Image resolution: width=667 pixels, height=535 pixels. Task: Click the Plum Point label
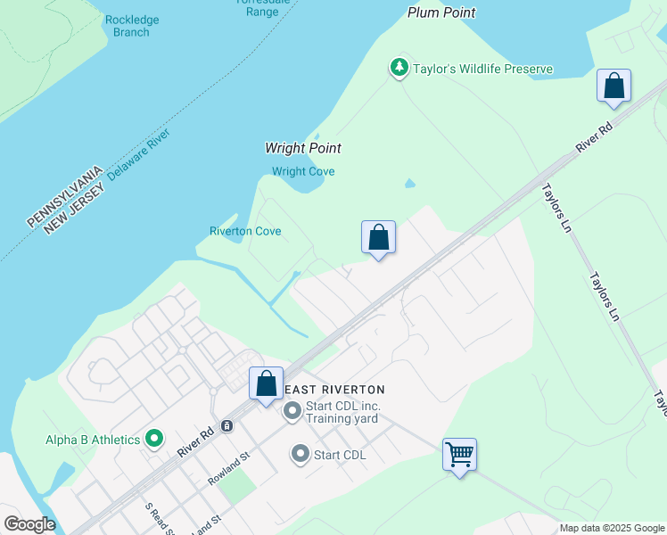(x=441, y=12)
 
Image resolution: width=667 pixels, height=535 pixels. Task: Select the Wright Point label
(x=303, y=148)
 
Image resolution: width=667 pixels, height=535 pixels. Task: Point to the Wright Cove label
(x=303, y=171)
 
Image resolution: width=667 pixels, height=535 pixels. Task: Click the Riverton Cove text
(x=245, y=231)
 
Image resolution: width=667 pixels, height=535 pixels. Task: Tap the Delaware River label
(x=138, y=154)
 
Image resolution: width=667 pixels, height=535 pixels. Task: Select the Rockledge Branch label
(x=131, y=26)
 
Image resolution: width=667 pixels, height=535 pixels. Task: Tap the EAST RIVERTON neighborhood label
(x=334, y=390)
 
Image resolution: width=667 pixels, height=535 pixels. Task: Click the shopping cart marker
(x=459, y=454)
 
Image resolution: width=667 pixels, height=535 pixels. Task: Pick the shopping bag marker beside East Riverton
(x=266, y=383)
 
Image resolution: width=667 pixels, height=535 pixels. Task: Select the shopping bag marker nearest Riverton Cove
(x=378, y=237)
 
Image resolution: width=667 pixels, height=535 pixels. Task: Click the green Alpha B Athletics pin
(x=154, y=439)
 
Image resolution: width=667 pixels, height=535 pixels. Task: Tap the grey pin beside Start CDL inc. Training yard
(x=292, y=412)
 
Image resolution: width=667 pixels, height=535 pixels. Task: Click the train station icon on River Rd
(x=227, y=425)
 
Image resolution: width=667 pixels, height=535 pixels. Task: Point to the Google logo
(x=29, y=524)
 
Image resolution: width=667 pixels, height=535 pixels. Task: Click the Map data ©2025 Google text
(x=612, y=528)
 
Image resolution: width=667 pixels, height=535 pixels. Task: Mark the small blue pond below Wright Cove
(x=409, y=185)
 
